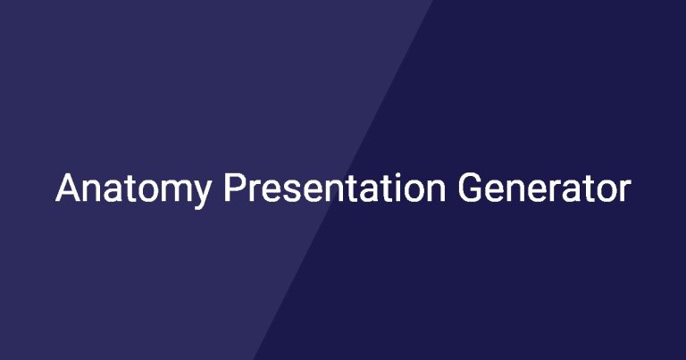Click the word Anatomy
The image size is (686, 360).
tap(133, 188)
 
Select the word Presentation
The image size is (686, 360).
tap(335, 188)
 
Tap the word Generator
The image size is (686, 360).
tap(545, 188)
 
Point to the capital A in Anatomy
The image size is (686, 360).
tap(68, 188)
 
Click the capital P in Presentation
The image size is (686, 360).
tap(234, 188)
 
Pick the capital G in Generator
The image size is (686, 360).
tap(470, 188)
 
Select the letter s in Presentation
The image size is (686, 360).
tap(293, 191)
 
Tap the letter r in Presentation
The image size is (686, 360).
tap(255, 191)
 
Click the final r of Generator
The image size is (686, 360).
tap(625, 191)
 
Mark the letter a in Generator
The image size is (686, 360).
tap(573, 191)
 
